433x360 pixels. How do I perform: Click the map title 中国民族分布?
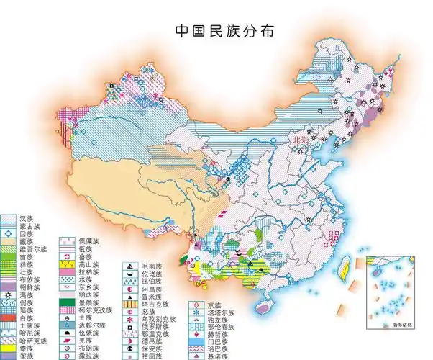(216, 32)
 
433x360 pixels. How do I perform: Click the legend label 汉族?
(27, 217)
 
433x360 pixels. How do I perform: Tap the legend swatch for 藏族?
(9, 242)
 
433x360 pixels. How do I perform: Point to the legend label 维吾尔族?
(32, 250)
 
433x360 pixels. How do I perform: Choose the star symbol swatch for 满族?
(9, 294)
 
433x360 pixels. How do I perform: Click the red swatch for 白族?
(9, 318)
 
